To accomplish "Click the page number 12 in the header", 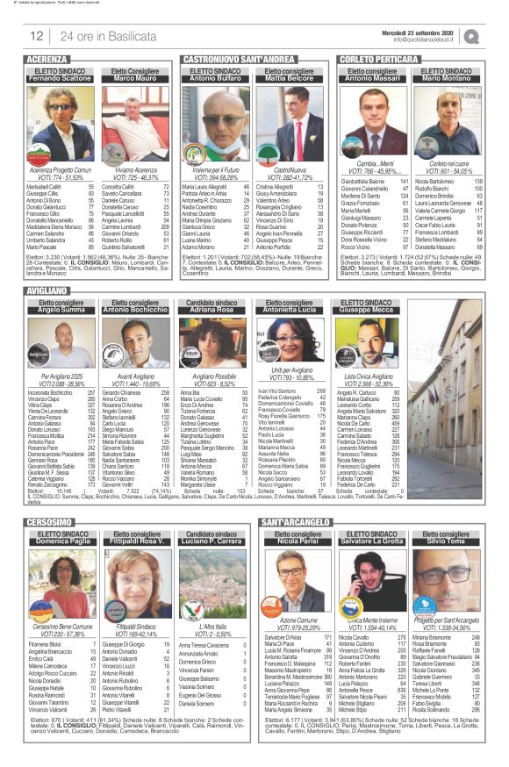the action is tap(37, 36).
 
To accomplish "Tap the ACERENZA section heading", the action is tap(49, 59).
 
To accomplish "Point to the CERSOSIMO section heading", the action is tap(50, 522).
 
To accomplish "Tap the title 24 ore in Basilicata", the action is tap(103, 36).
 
